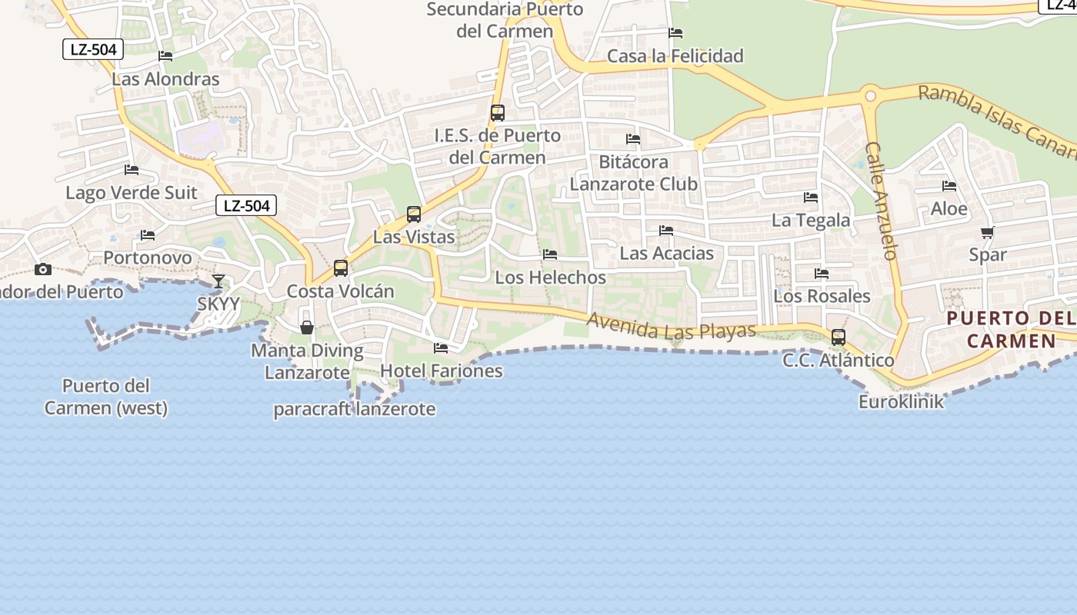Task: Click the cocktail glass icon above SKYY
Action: [218, 281]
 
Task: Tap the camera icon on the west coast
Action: [43, 269]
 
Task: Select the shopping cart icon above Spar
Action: [987, 233]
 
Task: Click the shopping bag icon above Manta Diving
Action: [307, 327]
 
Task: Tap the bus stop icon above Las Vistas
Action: [414, 214]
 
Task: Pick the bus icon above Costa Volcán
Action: [341, 268]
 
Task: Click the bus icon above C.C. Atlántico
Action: [839, 337]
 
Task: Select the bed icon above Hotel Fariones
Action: [441, 348]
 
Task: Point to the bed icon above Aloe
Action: [949, 186]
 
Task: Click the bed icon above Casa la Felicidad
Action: [675, 33]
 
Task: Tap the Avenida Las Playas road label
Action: [671, 326]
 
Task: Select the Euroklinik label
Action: [901, 401]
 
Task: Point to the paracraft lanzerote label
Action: [355, 409]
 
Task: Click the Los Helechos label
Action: [550, 278]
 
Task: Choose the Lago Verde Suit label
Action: [132, 192]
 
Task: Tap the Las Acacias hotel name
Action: [666, 253]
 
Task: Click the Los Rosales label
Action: [822, 296]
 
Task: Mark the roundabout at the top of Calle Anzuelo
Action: [870, 96]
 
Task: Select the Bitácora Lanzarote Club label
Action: [633, 173]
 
